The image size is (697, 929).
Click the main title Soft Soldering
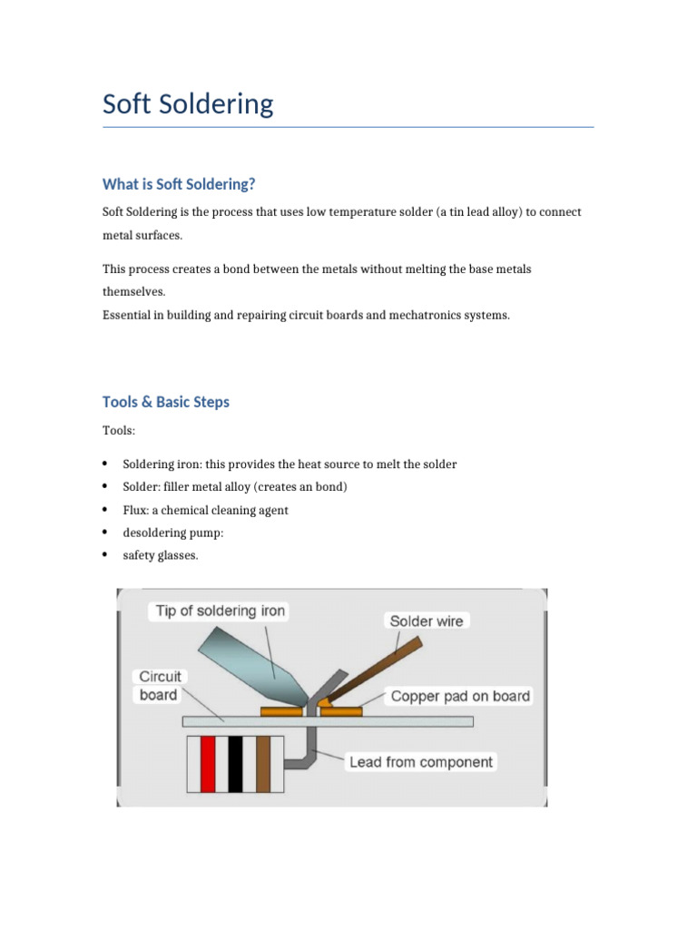188,104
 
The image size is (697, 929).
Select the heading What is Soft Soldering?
179,184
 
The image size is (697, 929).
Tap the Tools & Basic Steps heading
166,402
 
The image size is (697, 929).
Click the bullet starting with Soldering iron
290,464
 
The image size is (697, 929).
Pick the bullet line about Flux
205,510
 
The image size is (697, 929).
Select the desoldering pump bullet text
172,533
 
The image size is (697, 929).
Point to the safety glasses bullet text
160,555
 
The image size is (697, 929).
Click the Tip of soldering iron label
221,611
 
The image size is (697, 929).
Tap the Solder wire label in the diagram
426,621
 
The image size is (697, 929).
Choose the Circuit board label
160,686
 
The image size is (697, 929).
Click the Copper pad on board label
460,697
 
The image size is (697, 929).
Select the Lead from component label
421,762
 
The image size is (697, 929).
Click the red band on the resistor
207,766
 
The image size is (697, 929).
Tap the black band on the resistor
235,766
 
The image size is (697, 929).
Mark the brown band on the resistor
263,766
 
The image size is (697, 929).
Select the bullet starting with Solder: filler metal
235,487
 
